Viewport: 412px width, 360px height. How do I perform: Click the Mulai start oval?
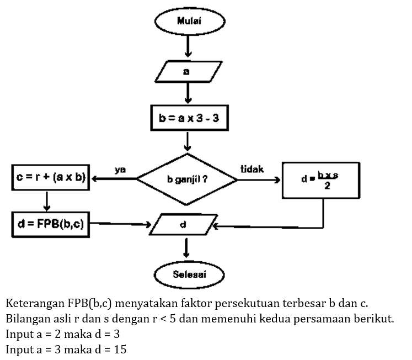[189, 22]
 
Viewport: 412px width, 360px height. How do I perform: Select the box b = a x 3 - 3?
[189, 118]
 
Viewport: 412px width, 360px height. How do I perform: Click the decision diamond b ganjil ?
[188, 179]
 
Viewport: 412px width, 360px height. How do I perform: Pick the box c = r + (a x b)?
[51, 178]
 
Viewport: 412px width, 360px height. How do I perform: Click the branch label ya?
[120, 170]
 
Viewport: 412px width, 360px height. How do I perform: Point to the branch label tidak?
[252, 168]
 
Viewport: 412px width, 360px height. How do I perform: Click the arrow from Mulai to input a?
[189, 46]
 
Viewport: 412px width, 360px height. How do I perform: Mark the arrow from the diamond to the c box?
[113, 179]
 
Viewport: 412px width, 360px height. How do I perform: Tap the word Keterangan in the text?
[34, 304]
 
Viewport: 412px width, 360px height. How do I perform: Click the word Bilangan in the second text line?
[27, 319]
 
